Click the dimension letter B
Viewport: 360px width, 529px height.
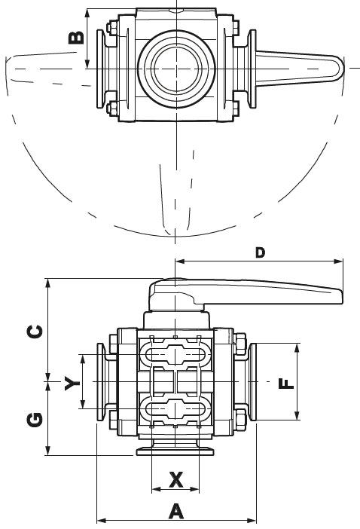tap(76, 38)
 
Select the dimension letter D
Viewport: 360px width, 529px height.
tap(260, 252)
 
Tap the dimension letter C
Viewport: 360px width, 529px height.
tap(35, 332)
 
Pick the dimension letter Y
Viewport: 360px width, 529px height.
tap(72, 384)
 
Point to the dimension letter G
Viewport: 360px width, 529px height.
tap(35, 419)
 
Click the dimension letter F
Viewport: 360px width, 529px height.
tap(286, 384)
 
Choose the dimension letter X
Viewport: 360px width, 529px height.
tap(175, 479)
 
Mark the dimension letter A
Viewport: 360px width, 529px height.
tap(176, 511)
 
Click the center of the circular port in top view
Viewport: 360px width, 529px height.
tap(175, 69)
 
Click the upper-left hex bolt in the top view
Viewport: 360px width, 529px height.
tap(111, 28)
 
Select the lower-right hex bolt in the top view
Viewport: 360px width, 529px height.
tap(236, 108)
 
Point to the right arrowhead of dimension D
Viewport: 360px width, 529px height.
tap(338, 261)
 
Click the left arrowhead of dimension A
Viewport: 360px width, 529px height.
tap(102, 520)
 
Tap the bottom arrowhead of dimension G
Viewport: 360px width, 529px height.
tap(48, 451)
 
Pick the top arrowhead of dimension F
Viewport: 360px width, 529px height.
tap(297, 348)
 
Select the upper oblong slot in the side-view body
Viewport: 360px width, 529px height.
tap(175, 355)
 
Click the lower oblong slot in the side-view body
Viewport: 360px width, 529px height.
tap(175, 409)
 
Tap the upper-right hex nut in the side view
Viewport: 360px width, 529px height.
tap(240, 344)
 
